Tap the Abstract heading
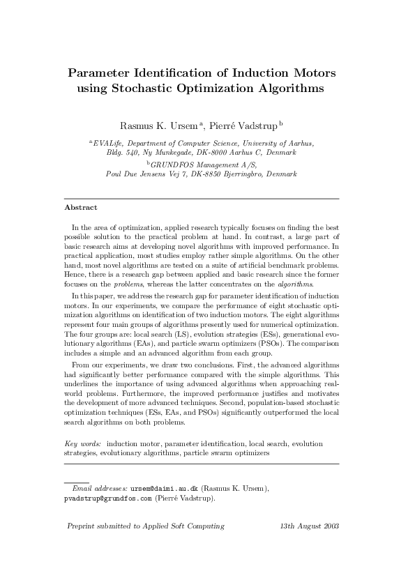click(80, 208)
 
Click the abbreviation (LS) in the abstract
click(169, 354)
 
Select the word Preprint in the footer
click(80, 526)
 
